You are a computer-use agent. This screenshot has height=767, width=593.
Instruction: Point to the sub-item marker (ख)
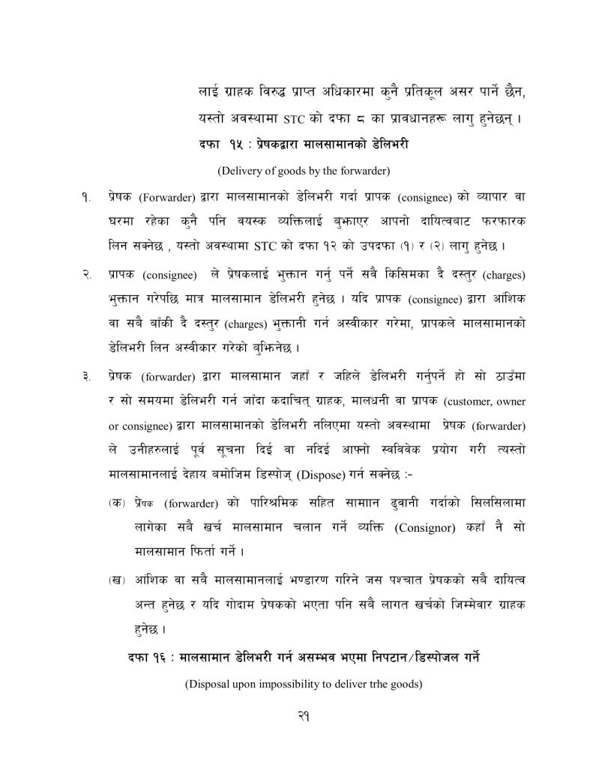click(115, 578)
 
